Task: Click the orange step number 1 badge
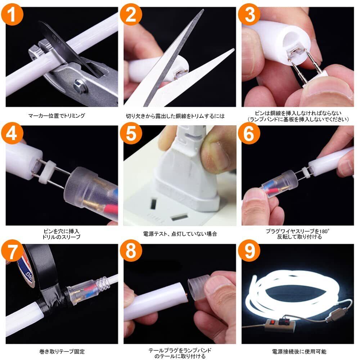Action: (x=12, y=14)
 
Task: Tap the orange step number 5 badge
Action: (x=131, y=133)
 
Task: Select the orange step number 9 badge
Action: (x=249, y=251)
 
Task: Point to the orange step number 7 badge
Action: (x=12, y=251)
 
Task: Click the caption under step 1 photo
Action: (x=57, y=116)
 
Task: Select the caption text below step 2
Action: (x=175, y=116)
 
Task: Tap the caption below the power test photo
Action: (x=180, y=234)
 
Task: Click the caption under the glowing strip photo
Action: (x=299, y=351)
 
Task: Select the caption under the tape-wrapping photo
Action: (x=62, y=351)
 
